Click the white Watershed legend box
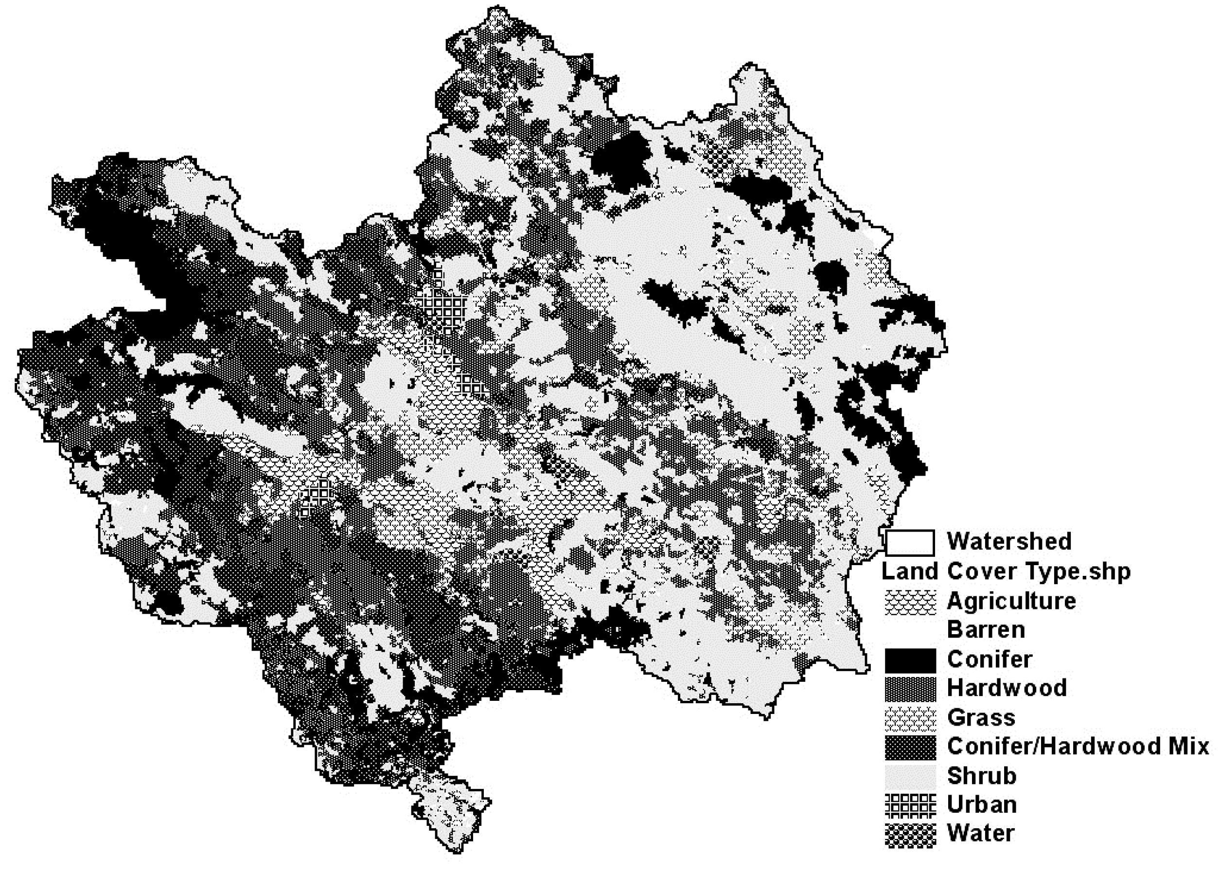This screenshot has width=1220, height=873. point(910,542)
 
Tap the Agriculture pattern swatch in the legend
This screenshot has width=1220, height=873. point(910,602)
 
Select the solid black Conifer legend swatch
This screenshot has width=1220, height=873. point(910,660)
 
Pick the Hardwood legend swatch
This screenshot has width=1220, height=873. point(910,689)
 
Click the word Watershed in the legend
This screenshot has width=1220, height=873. point(1009,541)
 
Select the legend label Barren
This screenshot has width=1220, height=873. point(986,629)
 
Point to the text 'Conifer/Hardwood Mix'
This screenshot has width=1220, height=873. point(1078,747)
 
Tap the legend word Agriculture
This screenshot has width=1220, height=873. point(1011,601)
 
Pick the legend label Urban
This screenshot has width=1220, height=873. point(981,805)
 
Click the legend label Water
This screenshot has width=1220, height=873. point(980,834)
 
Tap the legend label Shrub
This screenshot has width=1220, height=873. point(981,776)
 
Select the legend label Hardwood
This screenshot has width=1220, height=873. point(1007,688)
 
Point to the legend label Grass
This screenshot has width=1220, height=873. point(981,718)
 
